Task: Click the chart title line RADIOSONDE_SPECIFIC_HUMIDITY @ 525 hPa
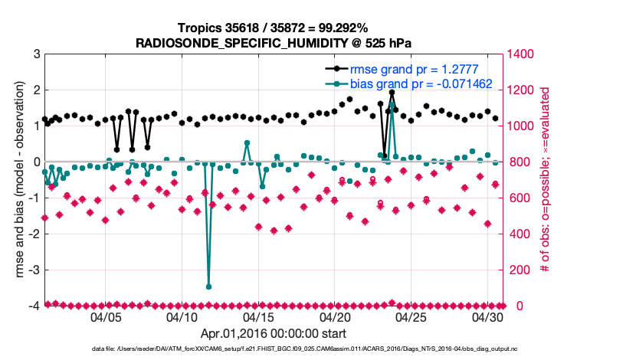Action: (x=274, y=44)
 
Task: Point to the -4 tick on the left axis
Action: (x=34, y=306)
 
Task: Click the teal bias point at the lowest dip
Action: (x=209, y=286)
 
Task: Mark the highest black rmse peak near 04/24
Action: (x=392, y=93)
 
